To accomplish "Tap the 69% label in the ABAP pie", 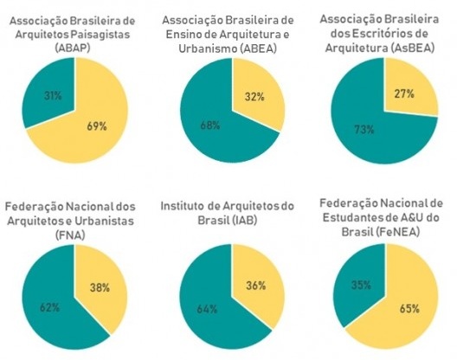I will [x=97, y=126].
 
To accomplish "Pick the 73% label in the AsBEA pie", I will [x=364, y=130].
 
